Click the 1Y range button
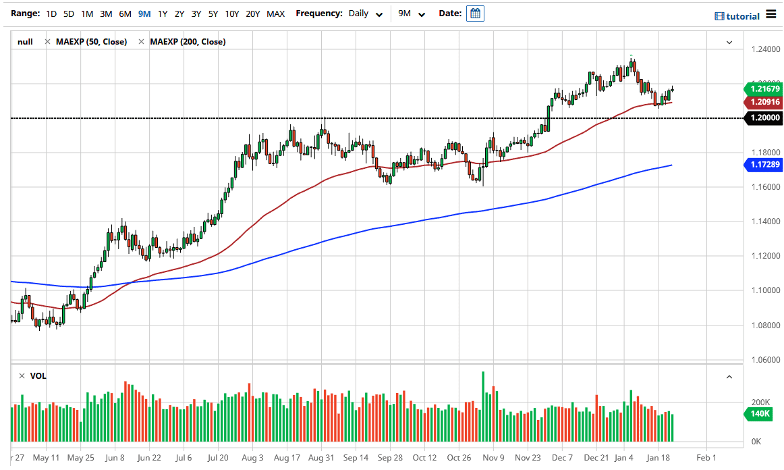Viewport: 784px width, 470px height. point(163,14)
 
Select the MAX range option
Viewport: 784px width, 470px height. point(275,14)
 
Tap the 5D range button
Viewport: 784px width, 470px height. point(68,14)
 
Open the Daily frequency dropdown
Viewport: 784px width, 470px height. point(366,14)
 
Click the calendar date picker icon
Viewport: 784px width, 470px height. point(475,14)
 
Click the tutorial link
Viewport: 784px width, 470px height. point(737,16)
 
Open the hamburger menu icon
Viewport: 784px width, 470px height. point(772,16)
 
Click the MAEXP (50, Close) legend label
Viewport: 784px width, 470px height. point(91,42)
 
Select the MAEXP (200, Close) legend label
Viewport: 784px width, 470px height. point(188,42)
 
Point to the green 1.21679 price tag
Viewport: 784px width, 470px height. point(763,88)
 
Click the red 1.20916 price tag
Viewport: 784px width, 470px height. point(763,102)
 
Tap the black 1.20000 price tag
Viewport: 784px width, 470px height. point(763,118)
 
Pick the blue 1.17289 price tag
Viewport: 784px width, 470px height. point(763,164)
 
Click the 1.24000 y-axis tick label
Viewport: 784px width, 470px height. point(766,49)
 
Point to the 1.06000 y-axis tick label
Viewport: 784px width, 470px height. point(766,360)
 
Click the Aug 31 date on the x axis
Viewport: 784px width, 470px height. point(321,457)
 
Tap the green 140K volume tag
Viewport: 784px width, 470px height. point(761,414)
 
